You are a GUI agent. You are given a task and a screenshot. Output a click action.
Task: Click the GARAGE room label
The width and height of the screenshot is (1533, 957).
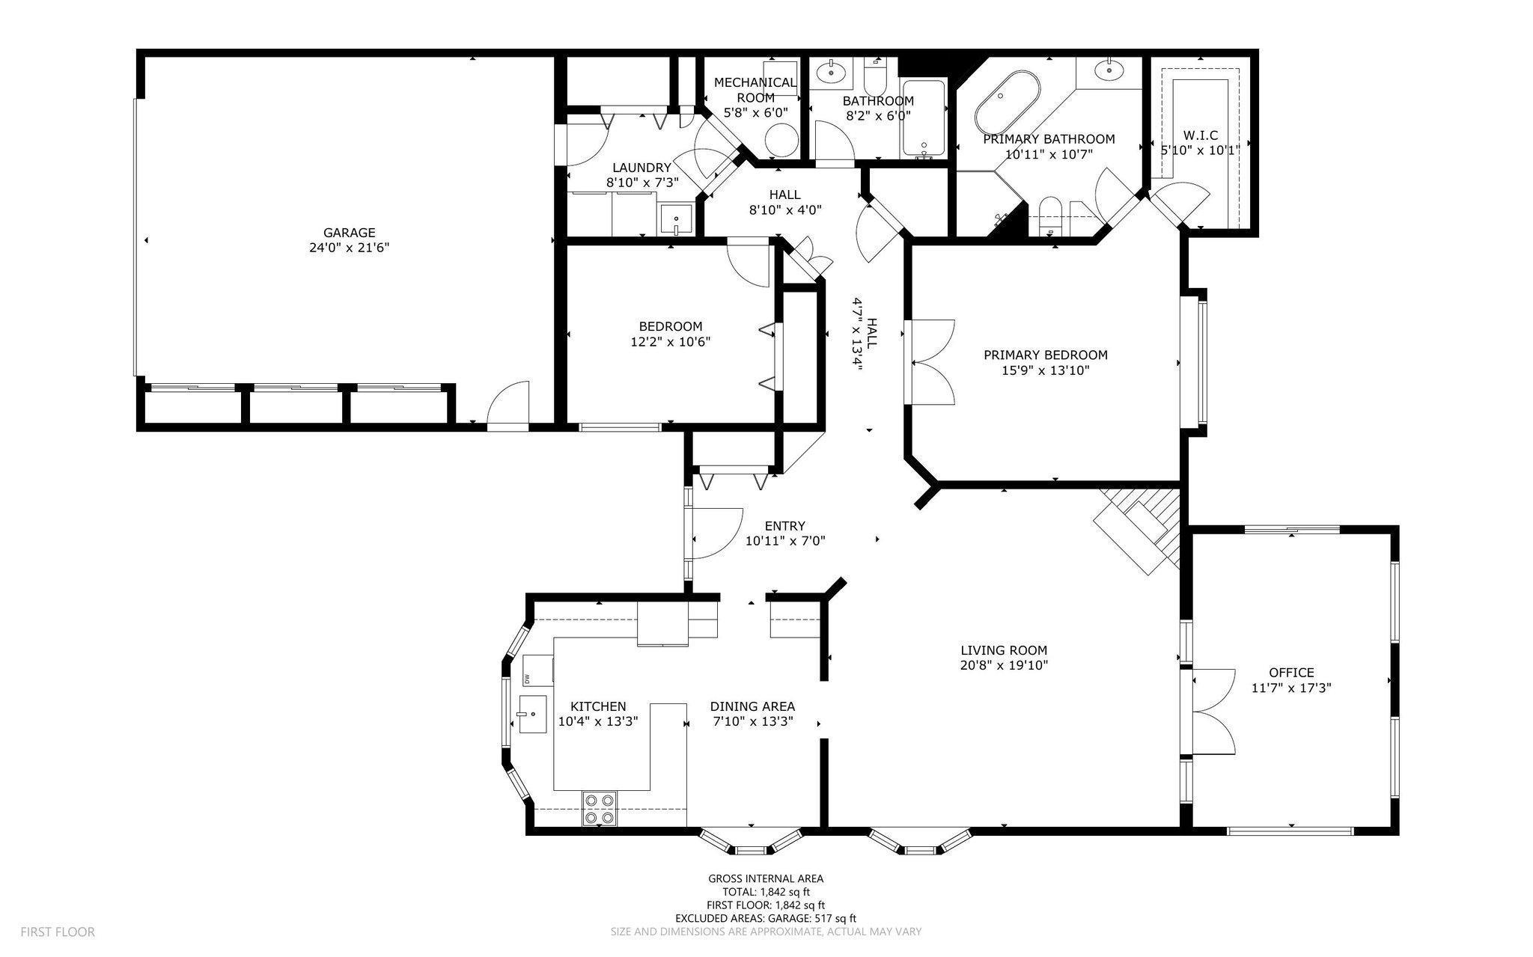coord(350,233)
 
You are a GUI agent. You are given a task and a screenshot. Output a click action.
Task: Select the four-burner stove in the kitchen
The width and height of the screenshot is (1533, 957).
coord(600,809)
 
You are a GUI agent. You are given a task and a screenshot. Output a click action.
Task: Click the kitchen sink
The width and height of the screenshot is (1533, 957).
coord(531,715)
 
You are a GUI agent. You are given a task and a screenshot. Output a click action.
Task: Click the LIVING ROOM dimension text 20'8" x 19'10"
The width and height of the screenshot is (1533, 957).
coord(1004,664)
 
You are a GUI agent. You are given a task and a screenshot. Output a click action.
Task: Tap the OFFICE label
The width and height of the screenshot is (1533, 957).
coord(1291,673)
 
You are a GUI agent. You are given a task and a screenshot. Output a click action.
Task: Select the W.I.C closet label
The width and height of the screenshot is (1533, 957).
coord(1201,135)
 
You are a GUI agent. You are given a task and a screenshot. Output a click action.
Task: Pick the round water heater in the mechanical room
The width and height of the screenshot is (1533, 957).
coord(781,139)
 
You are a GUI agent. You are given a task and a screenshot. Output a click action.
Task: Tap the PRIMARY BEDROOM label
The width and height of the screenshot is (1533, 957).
coord(1045,355)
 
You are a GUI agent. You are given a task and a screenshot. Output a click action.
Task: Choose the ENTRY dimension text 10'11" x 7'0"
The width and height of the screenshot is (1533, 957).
coord(785,541)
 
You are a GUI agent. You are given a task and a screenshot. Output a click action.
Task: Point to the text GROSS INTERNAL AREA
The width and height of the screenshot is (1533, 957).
coord(766,879)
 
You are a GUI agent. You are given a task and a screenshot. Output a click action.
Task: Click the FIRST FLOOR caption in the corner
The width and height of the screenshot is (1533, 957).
coord(58,932)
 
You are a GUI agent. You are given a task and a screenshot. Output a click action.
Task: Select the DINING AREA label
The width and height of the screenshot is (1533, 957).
coord(752,706)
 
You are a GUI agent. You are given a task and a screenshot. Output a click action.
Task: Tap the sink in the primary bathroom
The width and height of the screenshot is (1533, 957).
coord(1109,71)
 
